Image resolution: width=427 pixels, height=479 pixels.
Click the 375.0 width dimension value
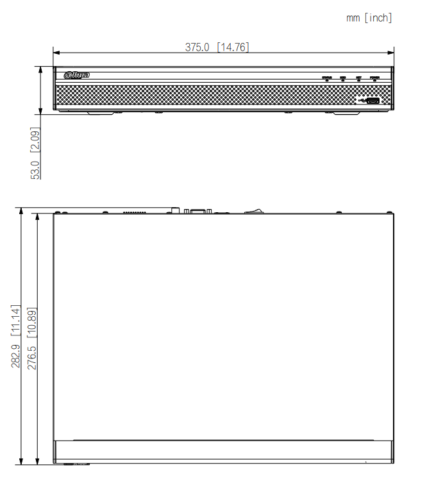(197, 47)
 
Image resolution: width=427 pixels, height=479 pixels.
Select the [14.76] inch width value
(233, 47)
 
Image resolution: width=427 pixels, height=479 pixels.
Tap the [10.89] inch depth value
(31, 320)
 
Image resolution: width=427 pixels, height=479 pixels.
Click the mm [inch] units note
(369, 18)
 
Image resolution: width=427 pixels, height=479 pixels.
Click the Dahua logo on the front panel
(77, 75)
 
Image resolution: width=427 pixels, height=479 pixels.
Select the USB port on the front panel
(373, 100)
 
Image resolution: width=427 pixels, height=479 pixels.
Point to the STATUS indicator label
(327, 77)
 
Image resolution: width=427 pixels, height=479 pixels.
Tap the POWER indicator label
(374, 77)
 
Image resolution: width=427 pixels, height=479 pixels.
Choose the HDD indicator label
(343, 77)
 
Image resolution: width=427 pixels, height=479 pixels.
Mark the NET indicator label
(358, 77)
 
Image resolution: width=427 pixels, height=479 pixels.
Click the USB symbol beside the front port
(362, 100)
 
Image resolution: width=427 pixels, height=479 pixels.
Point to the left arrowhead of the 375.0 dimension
(56, 53)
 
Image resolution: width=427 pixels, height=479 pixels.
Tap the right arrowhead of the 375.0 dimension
(391, 53)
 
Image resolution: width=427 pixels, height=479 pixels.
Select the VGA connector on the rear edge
(197, 210)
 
